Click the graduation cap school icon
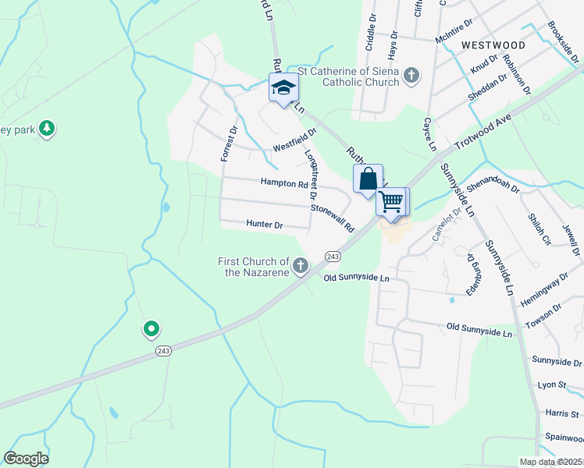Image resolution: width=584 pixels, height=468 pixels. (x=283, y=87)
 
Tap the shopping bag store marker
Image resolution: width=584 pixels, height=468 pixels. (x=368, y=179)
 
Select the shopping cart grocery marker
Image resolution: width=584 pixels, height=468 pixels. (x=391, y=201)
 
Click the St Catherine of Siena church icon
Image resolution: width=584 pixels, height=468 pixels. (x=411, y=75)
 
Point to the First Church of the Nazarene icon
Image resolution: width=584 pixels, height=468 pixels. (x=299, y=268)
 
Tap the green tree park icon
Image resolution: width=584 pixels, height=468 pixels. (x=47, y=129)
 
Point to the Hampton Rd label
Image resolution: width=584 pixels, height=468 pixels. (x=284, y=184)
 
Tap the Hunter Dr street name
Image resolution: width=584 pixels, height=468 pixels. (x=264, y=225)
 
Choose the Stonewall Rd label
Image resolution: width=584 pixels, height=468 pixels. (x=333, y=219)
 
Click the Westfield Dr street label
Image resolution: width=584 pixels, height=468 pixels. (x=294, y=142)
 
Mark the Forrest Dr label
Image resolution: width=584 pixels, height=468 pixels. (x=228, y=144)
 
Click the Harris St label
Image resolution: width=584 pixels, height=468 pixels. (x=563, y=414)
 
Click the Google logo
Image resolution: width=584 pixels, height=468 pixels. (x=26, y=459)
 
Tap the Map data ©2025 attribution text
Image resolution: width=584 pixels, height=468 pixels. (x=550, y=462)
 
